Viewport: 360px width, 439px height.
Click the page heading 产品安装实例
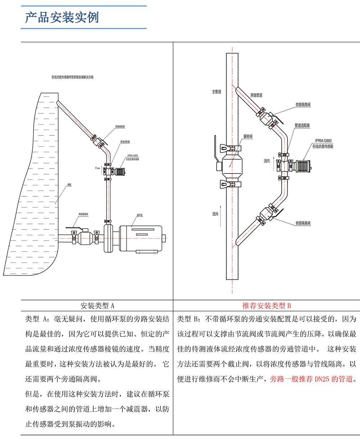(62, 17)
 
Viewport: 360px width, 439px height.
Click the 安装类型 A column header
(97, 306)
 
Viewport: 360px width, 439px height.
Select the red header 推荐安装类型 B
(266, 306)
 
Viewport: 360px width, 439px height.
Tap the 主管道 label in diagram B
(216, 92)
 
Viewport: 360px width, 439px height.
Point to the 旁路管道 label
(256, 95)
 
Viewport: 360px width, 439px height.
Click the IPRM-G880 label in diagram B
(323, 141)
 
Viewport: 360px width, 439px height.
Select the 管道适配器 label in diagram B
(302, 126)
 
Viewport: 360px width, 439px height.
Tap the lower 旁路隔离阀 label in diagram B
(303, 223)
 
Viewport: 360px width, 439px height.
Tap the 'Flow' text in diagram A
(97, 168)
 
